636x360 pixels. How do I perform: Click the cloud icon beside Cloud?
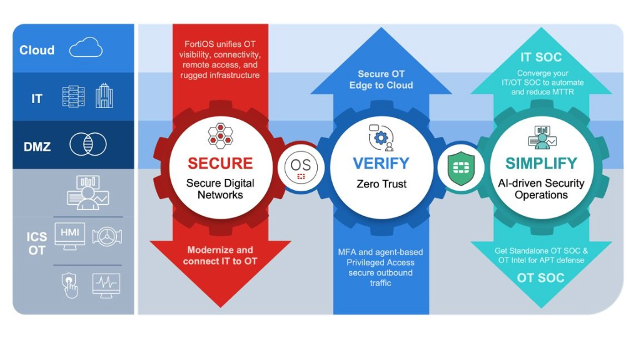point(86,47)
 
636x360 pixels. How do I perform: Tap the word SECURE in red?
point(220,164)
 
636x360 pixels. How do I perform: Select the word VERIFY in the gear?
point(381,164)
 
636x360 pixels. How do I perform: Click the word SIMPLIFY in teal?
point(541,164)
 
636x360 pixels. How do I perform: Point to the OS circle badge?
point(300,167)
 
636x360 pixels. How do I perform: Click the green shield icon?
point(461,167)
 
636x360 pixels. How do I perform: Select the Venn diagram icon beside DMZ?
point(88,144)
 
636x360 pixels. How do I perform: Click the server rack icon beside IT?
point(73,96)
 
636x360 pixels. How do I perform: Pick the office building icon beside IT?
point(104,96)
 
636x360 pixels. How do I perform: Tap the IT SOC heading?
point(541,57)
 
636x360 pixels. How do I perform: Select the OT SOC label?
point(541,277)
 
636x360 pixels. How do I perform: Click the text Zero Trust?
point(381,184)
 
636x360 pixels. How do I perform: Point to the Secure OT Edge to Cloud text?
point(381,79)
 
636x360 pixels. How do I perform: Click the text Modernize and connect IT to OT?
point(220,255)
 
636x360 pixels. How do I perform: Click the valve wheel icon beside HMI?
point(107,236)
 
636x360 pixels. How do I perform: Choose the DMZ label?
point(37,147)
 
